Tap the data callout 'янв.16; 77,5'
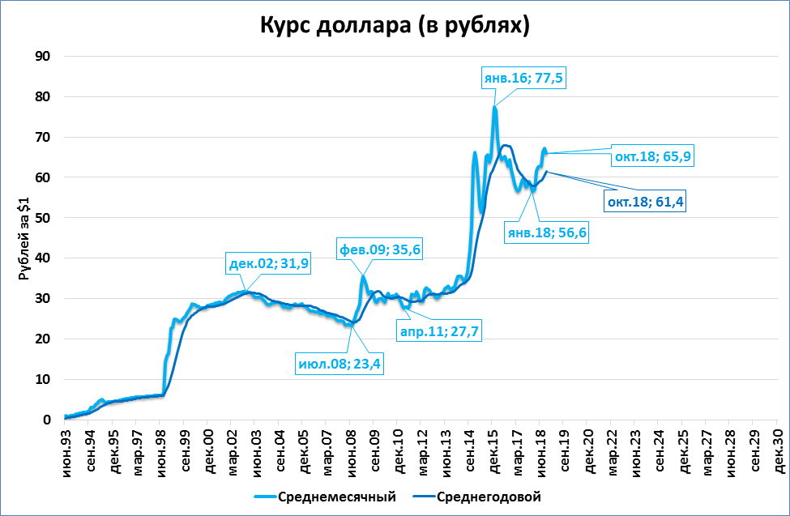pyautogui.click(x=523, y=79)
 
